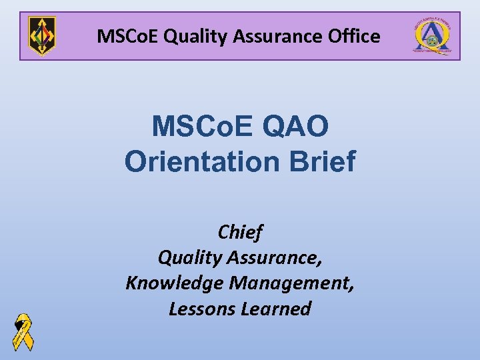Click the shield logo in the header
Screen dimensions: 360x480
coord(42,36)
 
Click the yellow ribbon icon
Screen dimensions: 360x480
coord(23,331)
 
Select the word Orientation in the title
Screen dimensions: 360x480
coord(201,161)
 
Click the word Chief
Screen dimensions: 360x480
coord(240,232)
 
